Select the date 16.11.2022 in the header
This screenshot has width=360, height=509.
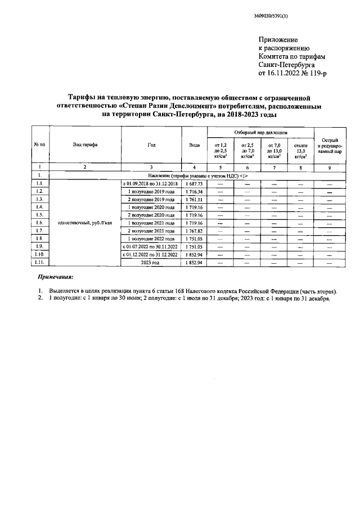pyautogui.click(x=286, y=73)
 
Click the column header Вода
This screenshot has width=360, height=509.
pyautogui.click(x=194, y=145)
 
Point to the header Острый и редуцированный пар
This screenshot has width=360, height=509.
pyautogui.click(x=330, y=145)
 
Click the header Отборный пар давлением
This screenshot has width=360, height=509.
pyautogui.click(x=260, y=132)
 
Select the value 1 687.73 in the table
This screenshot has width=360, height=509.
pyautogui.click(x=194, y=184)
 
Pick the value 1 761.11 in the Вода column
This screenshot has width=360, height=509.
pyautogui.click(x=194, y=200)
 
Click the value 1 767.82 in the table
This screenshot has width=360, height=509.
pyautogui.click(x=194, y=231)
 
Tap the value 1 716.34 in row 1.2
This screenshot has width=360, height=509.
pyautogui.click(x=194, y=192)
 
